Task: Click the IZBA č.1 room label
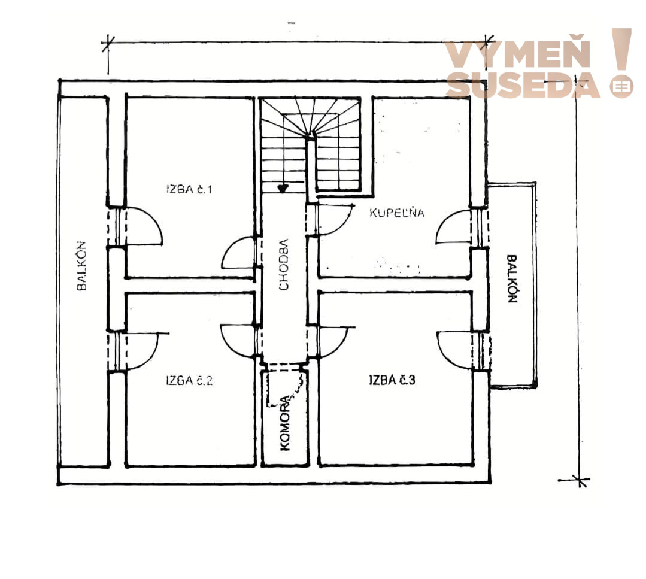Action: tap(189, 189)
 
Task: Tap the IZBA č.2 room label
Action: tap(190, 380)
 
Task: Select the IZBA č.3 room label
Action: tap(392, 380)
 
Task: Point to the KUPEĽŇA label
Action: tap(397, 212)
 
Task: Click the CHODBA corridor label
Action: tap(283, 265)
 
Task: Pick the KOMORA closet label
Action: tap(285, 423)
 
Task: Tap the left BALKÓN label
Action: tap(81, 266)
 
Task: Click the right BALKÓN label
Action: tap(512, 279)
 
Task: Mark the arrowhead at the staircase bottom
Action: tap(283, 189)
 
